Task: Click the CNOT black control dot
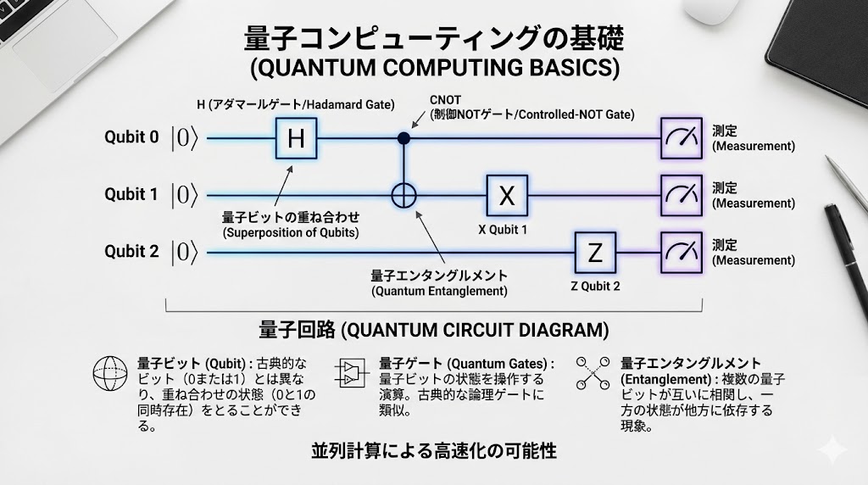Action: pos(404,138)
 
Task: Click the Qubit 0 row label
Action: pos(131,137)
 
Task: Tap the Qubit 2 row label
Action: pos(131,251)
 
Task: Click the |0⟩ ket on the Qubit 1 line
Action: pos(184,195)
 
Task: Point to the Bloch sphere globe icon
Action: pos(110,374)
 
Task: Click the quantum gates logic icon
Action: pos(352,372)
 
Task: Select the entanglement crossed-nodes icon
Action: pos(593,372)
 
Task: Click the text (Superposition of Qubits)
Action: pos(291,232)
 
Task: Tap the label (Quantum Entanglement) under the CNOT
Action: pos(439,291)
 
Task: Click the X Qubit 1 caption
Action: pos(503,229)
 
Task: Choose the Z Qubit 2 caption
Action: pos(595,287)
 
